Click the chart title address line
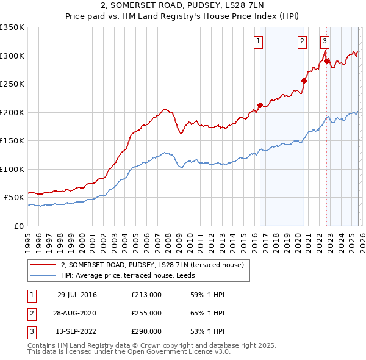(x=182, y=6)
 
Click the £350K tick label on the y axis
(x=12, y=27)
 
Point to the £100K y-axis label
(x=12, y=169)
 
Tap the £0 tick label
(x=18, y=226)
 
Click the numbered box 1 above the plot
(x=259, y=41)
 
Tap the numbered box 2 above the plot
(x=302, y=41)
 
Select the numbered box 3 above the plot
(x=325, y=41)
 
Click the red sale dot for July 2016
(x=260, y=105)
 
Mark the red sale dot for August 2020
(x=304, y=80)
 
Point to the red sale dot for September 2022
(x=326, y=61)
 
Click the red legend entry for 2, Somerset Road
(x=152, y=265)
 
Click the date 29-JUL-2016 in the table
(x=77, y=295)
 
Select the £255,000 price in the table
(x=146, y=313)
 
